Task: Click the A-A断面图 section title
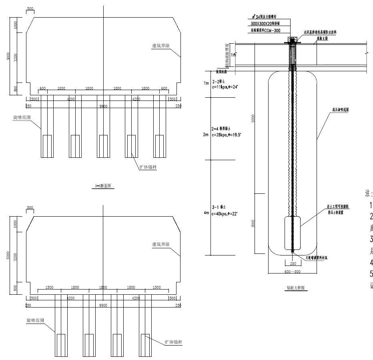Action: pos(103,186)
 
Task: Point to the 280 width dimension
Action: pos(293,263)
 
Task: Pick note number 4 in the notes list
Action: pos(371,262)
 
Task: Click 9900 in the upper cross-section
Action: pos(103,106)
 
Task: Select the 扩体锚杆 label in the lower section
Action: pos(172,342)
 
